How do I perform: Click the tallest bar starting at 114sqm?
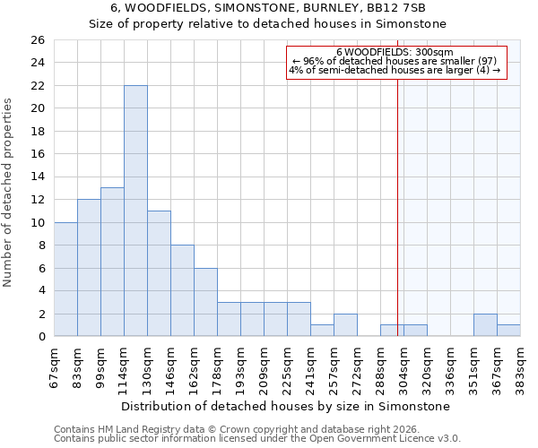[x=135, y=211]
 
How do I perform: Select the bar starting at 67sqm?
[x=65, y=279]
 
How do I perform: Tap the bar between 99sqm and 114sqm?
[x=112, y=262]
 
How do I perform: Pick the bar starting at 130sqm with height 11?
[x=159, y=273]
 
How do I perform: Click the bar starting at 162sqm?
[x=205, y=302]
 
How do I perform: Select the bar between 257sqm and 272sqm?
[x=345, y=325]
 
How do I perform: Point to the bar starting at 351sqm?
[x=485, y=325]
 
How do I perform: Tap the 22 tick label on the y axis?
[x=37, y=86]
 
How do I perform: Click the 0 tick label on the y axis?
[x=40, y=337]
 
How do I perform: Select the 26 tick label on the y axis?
[x=37, y=40]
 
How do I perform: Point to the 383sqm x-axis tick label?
[x=521, y=366]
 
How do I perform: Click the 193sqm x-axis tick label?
[x=241, y=366]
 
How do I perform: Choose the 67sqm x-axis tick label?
[x=55, y=366]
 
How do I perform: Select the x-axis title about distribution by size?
[x=285, y=406]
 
